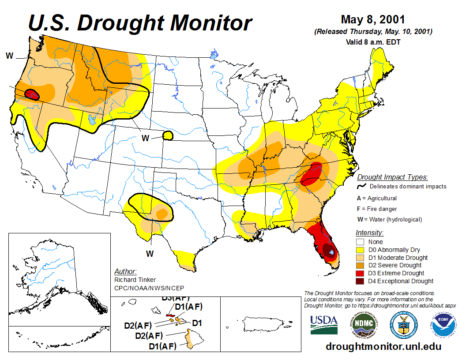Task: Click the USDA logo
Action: pos(324,324)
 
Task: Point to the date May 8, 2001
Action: pos(373,20)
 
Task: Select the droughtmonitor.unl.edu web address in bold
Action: pos(383,346)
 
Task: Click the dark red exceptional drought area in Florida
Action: pos(328,251)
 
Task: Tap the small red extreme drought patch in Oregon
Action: pos(31,94)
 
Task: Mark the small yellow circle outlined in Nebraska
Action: pos(168,135)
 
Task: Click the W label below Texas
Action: pos(150,254)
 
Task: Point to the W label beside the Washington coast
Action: pos(9,56)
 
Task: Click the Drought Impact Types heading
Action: pos(392,177)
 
